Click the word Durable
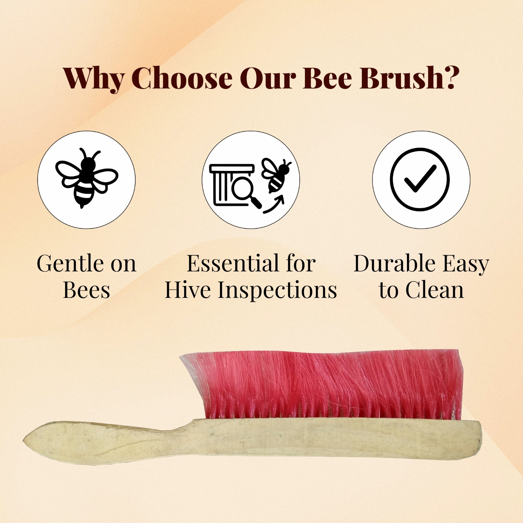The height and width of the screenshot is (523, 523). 394,263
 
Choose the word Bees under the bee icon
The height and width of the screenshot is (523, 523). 87,290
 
